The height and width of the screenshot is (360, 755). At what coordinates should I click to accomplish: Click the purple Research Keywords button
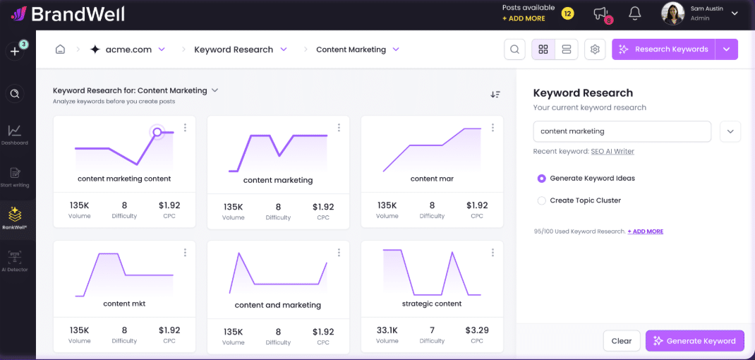pos(663,49)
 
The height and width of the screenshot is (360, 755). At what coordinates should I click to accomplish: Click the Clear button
pos(622,341)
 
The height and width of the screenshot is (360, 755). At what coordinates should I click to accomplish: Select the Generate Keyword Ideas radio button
pos(542,179)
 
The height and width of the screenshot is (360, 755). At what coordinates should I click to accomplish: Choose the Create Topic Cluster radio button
pos(542,200)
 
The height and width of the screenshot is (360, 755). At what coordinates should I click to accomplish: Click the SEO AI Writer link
pos(612,152)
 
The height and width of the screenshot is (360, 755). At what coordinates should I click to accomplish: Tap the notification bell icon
pos(635,13)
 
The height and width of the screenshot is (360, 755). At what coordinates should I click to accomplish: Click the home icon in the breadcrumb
pos(61,49)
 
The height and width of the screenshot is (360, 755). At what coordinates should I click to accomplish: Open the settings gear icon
pos(595,49)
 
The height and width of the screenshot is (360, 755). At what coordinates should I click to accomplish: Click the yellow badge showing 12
pos(567,13)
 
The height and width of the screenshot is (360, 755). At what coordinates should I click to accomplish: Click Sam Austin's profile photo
pos(672,13)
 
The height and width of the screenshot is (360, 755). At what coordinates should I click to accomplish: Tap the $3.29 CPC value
pos(477,330)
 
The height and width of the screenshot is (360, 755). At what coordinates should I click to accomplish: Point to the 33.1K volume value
pos(387,330)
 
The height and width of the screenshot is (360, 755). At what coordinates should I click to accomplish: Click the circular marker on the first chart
pos(157,132)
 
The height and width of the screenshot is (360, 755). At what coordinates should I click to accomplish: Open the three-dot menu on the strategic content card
pos(493,253)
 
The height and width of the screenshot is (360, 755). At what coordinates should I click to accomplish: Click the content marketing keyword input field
pos(622,131)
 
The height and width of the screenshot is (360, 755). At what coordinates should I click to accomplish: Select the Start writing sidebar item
pos(15,176)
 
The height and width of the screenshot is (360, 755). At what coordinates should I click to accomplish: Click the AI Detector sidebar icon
pos(15,260)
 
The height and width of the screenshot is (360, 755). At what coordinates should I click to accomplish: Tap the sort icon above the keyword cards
pos(495,95)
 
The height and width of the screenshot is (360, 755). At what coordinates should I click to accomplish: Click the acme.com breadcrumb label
pos(128,49)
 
